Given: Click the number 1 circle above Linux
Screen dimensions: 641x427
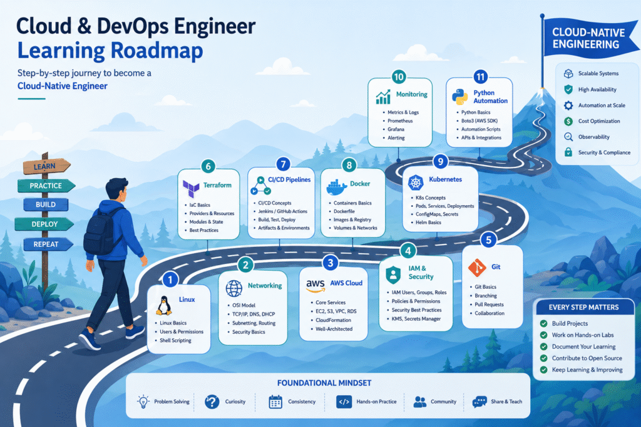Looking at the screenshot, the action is click(x=170, y=279).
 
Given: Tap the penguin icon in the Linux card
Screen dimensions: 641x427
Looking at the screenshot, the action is click(x=164, y=306).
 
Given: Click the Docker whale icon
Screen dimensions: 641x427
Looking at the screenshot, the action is click(x=336, y=188).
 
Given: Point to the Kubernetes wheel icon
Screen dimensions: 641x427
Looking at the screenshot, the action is click(x=416, y=183).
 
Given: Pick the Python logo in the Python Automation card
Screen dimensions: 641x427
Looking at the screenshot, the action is click(x=460, y=97).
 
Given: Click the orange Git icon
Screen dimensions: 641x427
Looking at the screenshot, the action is click(x=476, y=268).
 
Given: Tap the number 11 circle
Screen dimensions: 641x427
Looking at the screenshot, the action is click(x=480, y=77).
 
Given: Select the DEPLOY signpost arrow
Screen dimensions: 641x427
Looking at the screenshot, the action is click(x=44, y=224).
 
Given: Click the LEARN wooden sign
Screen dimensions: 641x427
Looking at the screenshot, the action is click(x=46, y=166).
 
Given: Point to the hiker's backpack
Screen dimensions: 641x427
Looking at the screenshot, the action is click(x=100, y=231).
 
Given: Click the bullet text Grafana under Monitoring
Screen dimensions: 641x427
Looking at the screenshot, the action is click(x=396, y=129).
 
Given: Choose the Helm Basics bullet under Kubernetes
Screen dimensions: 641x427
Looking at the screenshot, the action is click(x=428, y=223).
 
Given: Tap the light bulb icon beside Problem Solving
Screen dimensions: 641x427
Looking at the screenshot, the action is click(x=143, y=402).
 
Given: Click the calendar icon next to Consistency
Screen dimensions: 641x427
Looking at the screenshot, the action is click(x=275, y=402).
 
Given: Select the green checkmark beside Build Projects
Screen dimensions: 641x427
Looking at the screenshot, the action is click(x=544, y=323).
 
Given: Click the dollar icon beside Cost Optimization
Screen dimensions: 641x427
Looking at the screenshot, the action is click(x=568, y=121).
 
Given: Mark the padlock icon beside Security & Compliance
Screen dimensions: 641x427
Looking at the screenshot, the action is click(x=568, y=153).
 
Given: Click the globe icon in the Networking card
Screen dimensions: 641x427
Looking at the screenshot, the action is click(x=234, y=288).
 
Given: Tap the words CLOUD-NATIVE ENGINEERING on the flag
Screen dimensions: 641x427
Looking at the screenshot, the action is click(x=588, y=38).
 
